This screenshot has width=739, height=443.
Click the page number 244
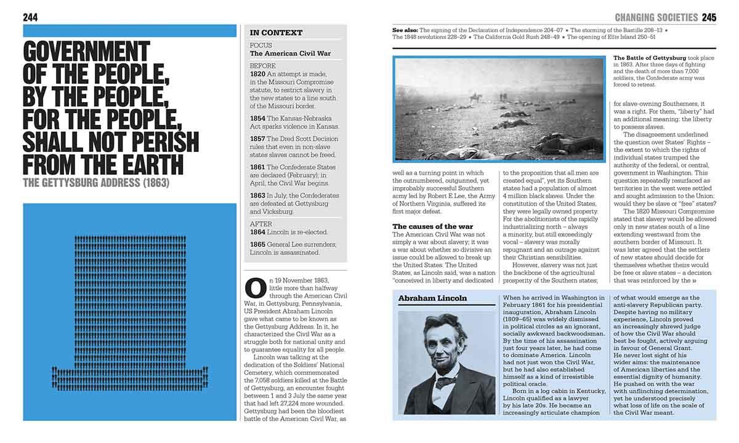[x=30, y=17]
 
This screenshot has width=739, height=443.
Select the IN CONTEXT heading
[x=276, y=33]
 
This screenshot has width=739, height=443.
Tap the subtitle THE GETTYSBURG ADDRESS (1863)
[x=95, y=183]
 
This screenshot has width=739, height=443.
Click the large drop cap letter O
[x=255, y=288]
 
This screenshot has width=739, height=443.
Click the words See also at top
[x=405, y=29]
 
